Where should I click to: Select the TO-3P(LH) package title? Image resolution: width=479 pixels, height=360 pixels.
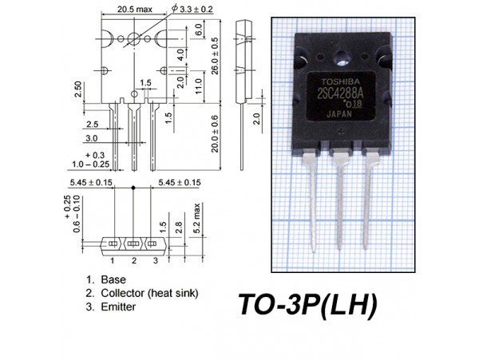point(307,304)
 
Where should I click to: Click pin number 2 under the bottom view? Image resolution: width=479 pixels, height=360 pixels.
point(133,260)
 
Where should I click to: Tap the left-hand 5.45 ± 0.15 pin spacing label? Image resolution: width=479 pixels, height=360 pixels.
point(90,183)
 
